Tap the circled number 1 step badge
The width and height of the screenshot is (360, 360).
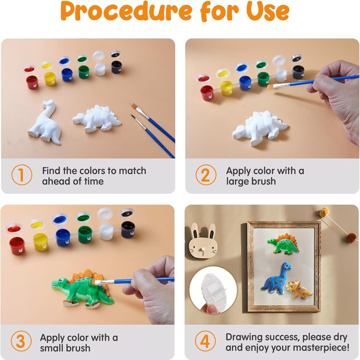[22, 175]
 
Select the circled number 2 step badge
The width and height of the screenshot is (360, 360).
[206, 175]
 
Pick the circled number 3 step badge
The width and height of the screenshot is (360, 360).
[21, 341]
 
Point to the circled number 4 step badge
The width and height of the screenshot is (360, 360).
[205, 341]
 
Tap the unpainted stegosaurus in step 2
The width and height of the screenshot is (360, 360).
[260, 128]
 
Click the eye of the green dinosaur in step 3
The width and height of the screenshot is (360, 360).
[61, 279]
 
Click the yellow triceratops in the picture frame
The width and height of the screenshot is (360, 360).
[298, 290]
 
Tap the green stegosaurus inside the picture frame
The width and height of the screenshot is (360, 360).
[283, 244]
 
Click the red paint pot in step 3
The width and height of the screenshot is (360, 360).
[17, 246]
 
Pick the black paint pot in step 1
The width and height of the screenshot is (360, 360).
[117, 67]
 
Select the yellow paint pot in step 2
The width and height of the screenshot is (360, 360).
[226, 88]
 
